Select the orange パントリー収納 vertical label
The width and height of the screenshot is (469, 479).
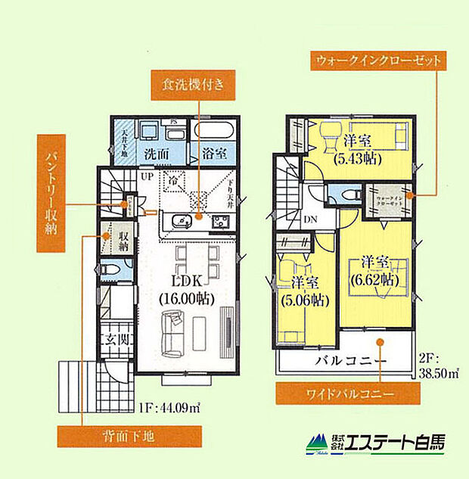point(51,194)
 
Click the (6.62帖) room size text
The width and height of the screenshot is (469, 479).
point(374,278)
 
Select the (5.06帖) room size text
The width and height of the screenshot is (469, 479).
point(306,299)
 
